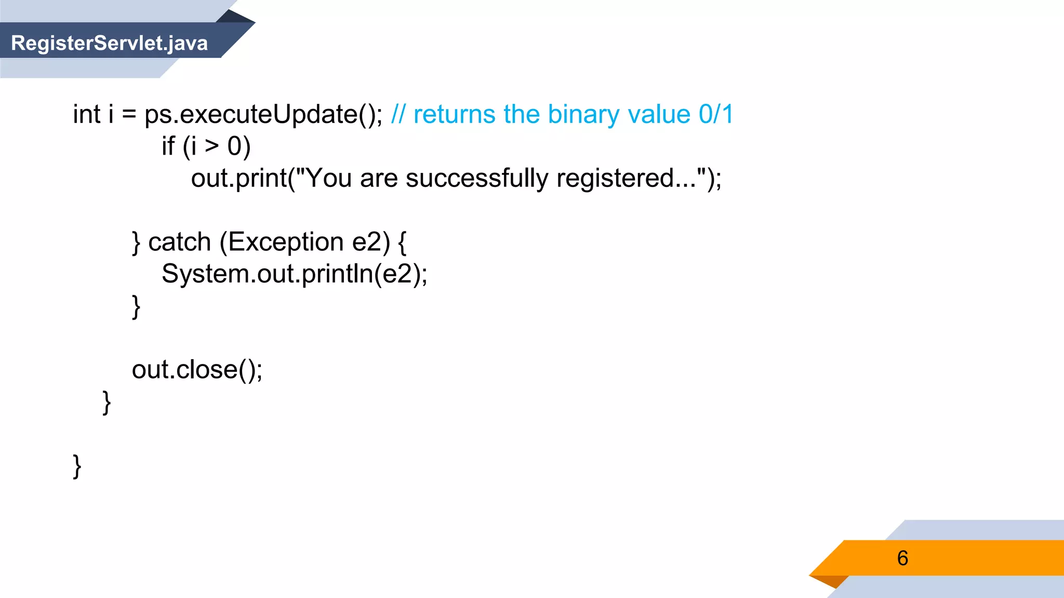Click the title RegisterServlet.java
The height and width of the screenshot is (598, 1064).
(x=109, y=43)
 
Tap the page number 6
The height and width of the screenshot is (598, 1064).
(x=902, y=558)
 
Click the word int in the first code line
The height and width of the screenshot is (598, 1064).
(x=87, y=114)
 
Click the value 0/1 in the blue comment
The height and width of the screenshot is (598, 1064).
(x=715, y=114)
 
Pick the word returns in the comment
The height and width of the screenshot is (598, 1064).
(x=454, y=114)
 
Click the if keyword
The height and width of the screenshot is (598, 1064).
(x=168, y=146)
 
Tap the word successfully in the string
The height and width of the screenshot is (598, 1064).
(x=476, y=179)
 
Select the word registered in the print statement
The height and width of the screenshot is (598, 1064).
(x=615, y=179)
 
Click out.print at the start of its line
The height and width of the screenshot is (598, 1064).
(x=239, y=179)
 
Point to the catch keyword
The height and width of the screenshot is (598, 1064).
(x=180, y=242)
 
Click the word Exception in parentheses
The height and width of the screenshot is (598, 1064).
(x=286, y=242)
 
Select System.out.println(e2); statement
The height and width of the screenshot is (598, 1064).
(x=294, y=274)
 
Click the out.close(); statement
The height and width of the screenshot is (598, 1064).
(x=197, y=370)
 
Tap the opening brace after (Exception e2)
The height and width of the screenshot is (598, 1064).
(x=402, y=242)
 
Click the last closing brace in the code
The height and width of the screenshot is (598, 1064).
(x=77, y=466)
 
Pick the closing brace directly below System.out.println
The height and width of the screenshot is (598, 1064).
(x=136, y=306)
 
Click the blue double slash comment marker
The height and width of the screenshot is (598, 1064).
(x=398, y=114)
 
